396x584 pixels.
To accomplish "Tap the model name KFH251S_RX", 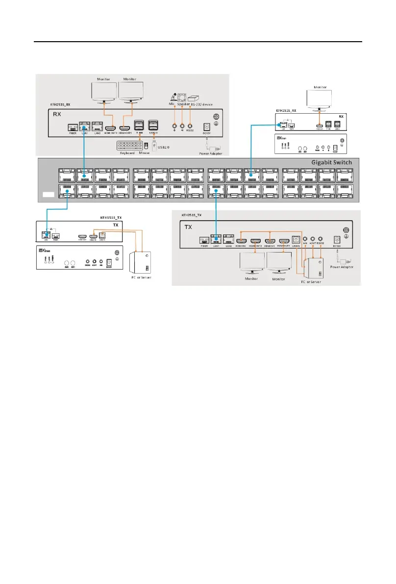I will click(62, 105).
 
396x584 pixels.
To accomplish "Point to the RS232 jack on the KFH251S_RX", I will click(190, 126).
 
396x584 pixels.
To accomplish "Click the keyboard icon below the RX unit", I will click(130, 147).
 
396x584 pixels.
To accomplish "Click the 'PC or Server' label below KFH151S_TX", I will click(138, 277).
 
